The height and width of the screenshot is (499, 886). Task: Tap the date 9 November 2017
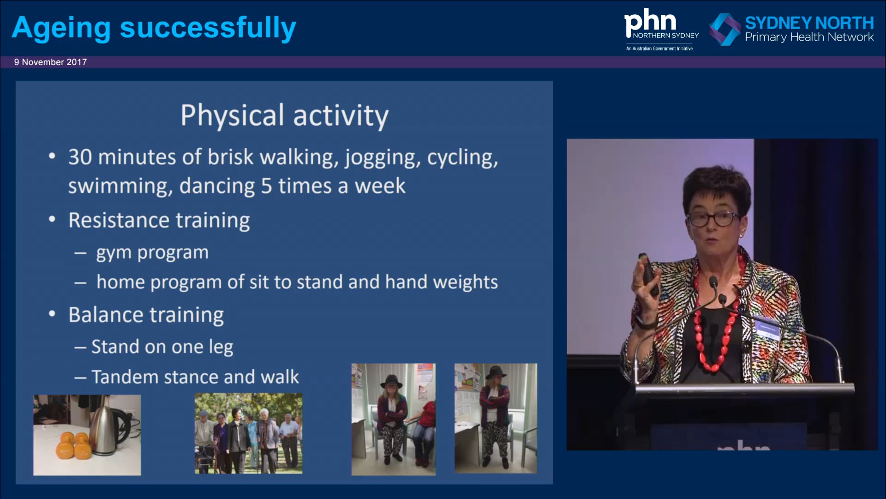(x=50, y=62)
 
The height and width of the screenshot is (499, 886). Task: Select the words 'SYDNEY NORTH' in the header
(x=809, y=23)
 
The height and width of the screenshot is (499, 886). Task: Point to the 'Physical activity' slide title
(x=284, y=116)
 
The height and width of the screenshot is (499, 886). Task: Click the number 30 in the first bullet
(x=80, y=157)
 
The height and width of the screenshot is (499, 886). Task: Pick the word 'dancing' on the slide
(x=217, y=186)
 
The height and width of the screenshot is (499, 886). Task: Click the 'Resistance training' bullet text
(x=159, y=220)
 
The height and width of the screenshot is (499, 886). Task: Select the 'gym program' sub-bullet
(x=152, y=252)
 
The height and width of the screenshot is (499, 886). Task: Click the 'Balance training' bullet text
(x=146, y=315)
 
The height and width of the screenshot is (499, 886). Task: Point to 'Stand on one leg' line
(x=162, y=347)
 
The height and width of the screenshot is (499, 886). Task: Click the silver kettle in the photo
(x=107, y=430)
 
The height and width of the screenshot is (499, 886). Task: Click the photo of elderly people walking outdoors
(x=248, y=433)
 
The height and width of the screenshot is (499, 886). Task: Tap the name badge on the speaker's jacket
(x=767, y=329)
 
